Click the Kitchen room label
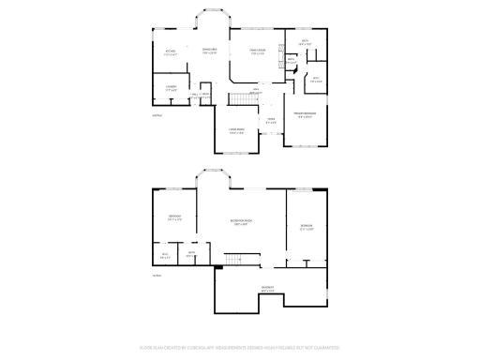tap(171, 52)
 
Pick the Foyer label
tap(270, 120)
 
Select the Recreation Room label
tap(243, 222)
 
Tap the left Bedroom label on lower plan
tap(174, 218)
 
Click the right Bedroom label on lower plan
tap(306, 227)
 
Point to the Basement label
tap(267, 290)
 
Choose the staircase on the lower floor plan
tap(239, 259)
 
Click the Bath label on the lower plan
tap(190, 254)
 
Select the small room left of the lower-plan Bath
tap(165, 254)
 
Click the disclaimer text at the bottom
tap(240, 345)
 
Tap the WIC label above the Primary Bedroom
tap(316, 79)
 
